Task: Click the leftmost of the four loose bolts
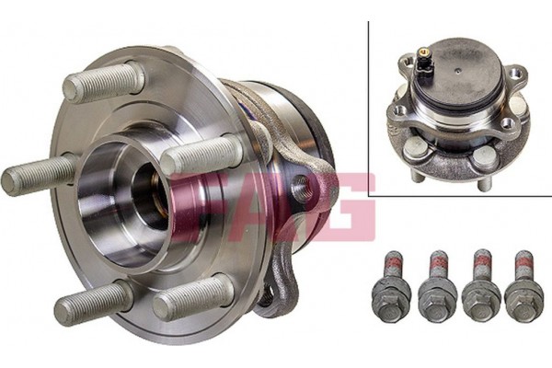(392, 286)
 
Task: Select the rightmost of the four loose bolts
(523, 286)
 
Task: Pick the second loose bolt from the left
(438, 286)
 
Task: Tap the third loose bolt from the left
(481, 286)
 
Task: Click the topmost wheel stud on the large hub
(104, 80)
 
